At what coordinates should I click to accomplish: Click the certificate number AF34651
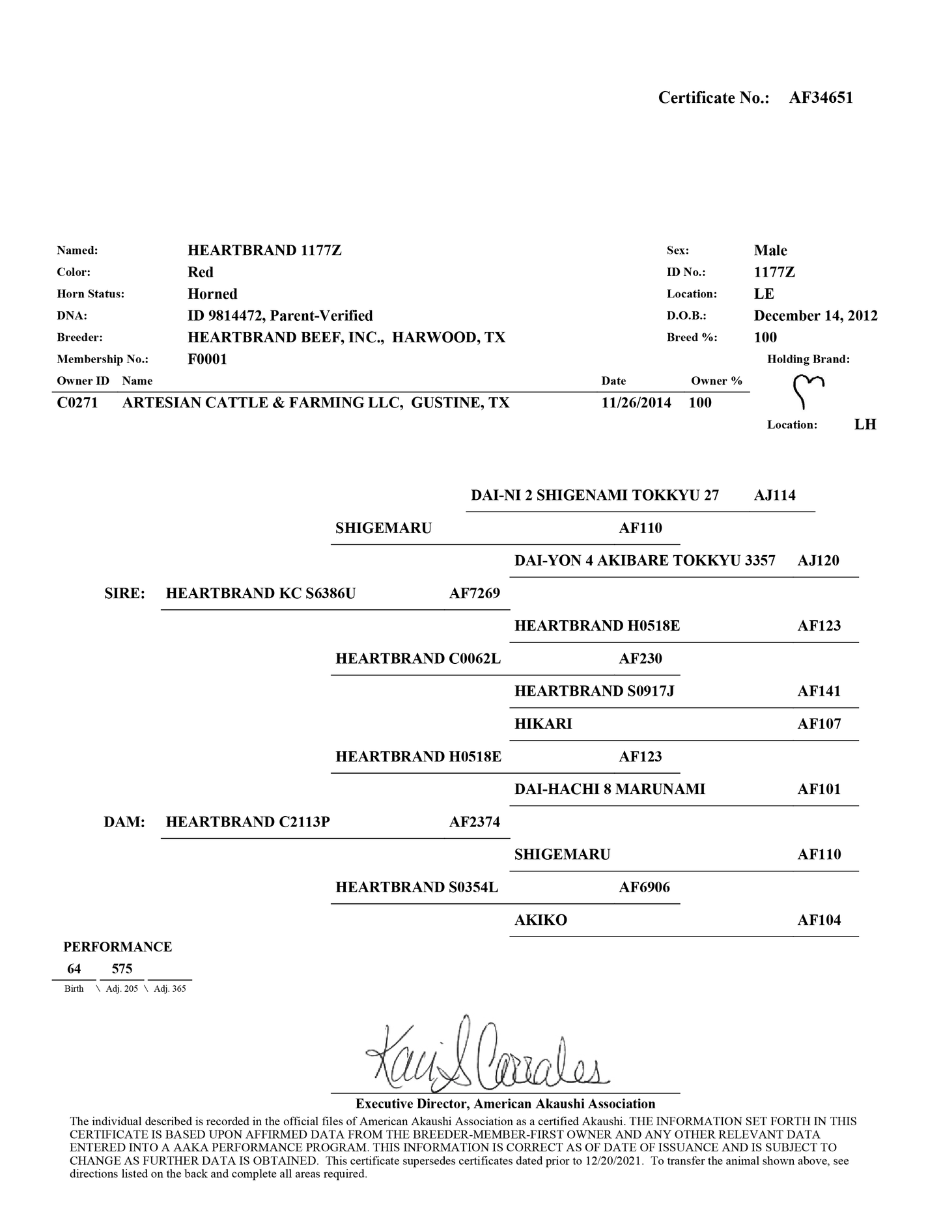point(821,98)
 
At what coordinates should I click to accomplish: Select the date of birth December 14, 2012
point(815,316)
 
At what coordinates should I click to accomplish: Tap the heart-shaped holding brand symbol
point(808,391)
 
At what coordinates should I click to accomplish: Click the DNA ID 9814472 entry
point(280,316)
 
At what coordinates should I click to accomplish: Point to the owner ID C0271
point(77,403)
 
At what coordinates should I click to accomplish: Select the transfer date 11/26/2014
point(636,403)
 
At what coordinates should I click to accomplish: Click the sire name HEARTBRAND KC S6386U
point(261,594)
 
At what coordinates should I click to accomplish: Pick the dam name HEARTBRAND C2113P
point(248,822)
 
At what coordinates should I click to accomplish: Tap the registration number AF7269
point(475,594)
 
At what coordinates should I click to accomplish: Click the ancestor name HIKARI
point(543,724)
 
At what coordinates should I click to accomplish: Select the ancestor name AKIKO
point(541,920)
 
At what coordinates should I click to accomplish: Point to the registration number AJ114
point(775,495)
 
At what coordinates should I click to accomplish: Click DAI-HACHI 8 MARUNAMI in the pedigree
point(610,789)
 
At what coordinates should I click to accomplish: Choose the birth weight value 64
point(74,969)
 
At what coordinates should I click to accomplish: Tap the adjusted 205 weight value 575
point(122,969)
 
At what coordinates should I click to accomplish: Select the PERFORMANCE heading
point(118,947)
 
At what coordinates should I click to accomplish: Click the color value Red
point(201,272)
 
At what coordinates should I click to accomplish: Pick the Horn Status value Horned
point(212,294)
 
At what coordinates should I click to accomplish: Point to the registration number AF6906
point(644,888)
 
